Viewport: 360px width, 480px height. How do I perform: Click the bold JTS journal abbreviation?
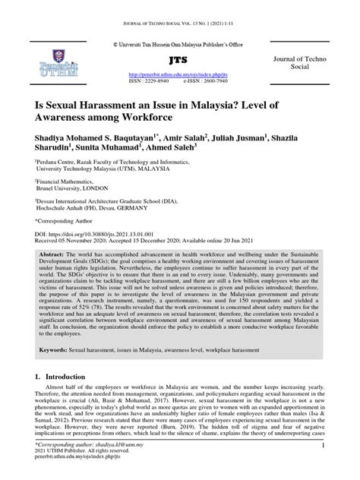[x=180, y=60]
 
